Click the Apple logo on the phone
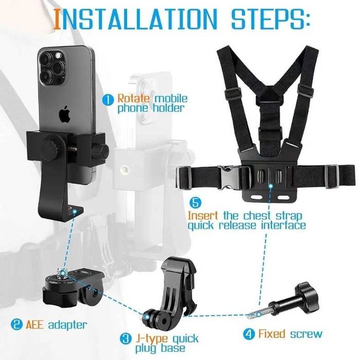coord(65,114)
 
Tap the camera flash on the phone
coord(58,56)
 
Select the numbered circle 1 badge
coord(108,100)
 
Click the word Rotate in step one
coord(134,99)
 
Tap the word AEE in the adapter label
coord(34,325)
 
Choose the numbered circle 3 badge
coord(126,339)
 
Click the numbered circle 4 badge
coord(249,334)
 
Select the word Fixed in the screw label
coord(272,334)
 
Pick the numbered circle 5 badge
coord(195,203)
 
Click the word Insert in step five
coord(203,215)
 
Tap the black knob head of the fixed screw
coord(308,297)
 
